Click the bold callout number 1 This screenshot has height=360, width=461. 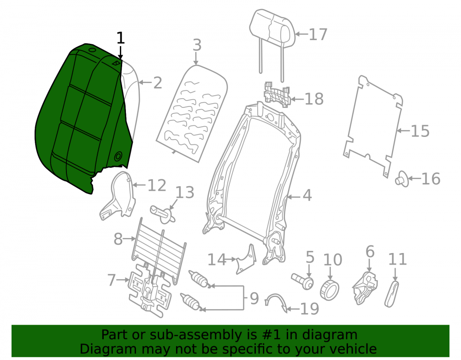[120, 38]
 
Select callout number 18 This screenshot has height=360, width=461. [314, 99]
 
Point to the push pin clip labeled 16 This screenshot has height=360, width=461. [402, 178]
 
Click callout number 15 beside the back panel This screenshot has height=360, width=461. [420, 131]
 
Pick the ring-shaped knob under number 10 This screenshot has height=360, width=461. [330, 290]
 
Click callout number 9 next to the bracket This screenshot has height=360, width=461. [254, 298]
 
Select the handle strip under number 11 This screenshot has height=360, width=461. [392, 294]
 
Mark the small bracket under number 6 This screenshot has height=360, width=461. [365, 288]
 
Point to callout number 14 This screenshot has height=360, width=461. [217, 260]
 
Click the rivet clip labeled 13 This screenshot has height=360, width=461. [163, 214]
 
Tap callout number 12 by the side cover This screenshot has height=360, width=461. [157, 185]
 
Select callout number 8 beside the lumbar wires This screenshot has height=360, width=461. [118, 239]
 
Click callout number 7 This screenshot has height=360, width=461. [112, 280]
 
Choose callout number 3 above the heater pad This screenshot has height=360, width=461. [197, 45]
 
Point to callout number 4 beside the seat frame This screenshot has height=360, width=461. [307, 195]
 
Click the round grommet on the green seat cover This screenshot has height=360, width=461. [118, 156]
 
